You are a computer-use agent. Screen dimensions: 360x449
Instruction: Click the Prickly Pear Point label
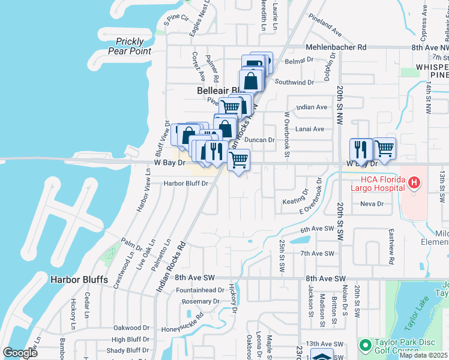click(130, 46)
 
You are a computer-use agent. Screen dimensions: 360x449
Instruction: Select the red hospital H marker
click(413, 182)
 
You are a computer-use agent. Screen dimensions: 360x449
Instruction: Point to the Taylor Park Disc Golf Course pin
click(364, 345)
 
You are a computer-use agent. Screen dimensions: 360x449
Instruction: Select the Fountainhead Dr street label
click(200, 290)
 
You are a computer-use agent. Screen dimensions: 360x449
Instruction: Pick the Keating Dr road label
click(295, 194)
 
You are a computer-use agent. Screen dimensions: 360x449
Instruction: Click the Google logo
click(20, 352)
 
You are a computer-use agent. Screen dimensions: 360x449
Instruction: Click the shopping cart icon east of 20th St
click(384, 148)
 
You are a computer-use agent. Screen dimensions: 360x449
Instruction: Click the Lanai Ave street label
click(310, 129)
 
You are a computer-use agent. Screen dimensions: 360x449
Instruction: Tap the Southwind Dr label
click(295, 82)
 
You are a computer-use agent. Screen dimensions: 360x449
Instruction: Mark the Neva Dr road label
click(372, 204)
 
